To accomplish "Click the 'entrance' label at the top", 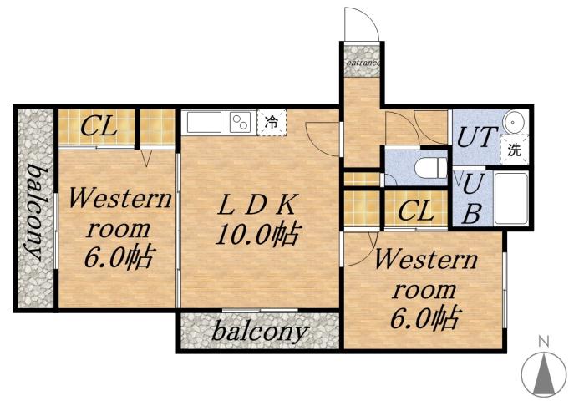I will pyautogui.click(x=362, y=62).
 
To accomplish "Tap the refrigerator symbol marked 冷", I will pyautogui.click(x=272, y=122).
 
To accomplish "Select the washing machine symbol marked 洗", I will pyautogui.click(x=514, y=151).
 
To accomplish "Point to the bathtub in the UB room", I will pyautogui.click(x=510, y=198).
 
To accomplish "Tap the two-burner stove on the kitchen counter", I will pyautogui.click(x=241, y=123).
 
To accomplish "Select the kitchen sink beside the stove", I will pyautogui.click(x=203, y=123).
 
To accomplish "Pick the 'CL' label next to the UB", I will pyautogui.click(x=415, y=210).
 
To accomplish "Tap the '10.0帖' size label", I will pyautogui.click(x=258, y=235).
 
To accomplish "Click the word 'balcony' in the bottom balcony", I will pyautogui.click(x=259, y=331).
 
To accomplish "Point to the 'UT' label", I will pyautogui.click(x=476, y=137).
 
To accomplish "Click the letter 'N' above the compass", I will pyautogui.click(x=543, y=341).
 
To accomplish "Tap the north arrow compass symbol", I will pyautogui.click(x=543, y=373).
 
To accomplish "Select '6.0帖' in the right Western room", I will pyautogui.click(x=425, y=318).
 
